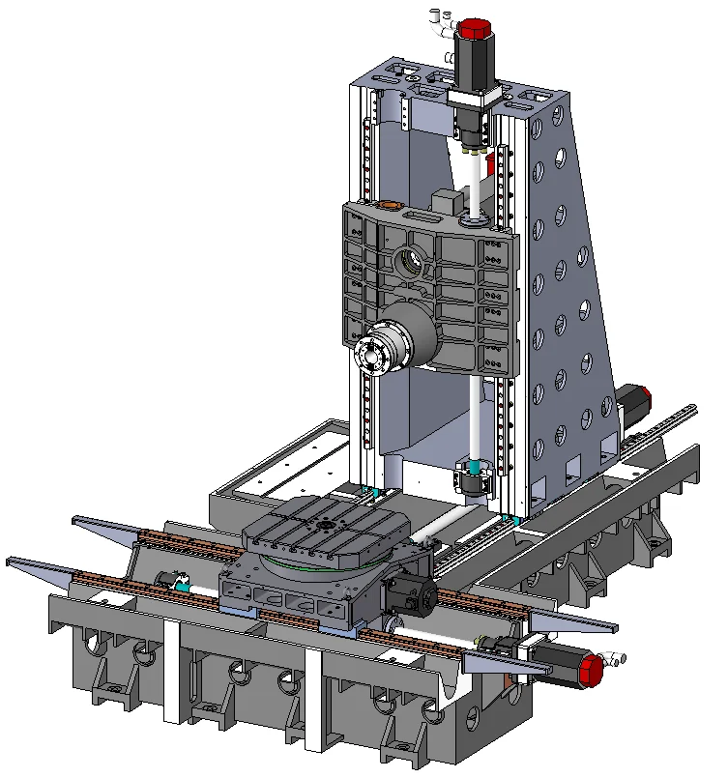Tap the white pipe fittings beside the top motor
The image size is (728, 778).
coord(441,16)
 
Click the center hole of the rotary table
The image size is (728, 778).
coord(328,525)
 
